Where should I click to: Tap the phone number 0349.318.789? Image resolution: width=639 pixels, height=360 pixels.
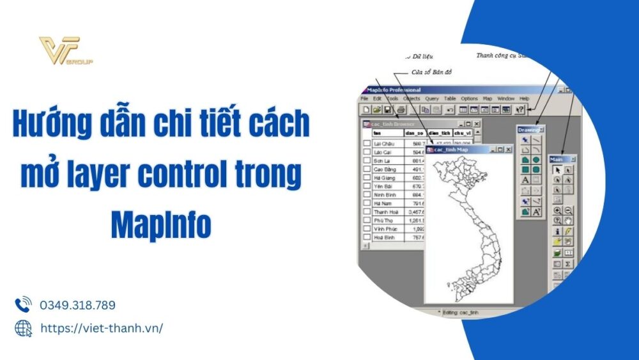[77, 305]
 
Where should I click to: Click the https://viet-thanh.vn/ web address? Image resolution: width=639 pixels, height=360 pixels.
[101, 328]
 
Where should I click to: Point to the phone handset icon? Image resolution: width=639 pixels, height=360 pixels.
[23, 304]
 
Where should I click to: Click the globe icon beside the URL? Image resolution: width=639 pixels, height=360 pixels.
[23, 328]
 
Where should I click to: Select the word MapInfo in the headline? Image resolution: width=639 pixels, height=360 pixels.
[160, 224]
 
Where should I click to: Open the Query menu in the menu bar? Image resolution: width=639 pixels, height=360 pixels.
[432, 98]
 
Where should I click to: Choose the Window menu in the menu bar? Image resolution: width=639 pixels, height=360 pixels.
[505, 98]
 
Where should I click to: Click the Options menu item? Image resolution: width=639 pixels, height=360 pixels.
[469, 98]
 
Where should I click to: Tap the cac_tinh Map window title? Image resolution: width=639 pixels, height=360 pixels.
[452, 150]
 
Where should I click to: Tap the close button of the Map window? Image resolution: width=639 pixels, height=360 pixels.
[509, 150]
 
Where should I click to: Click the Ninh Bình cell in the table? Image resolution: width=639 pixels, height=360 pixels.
[385, 193]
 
